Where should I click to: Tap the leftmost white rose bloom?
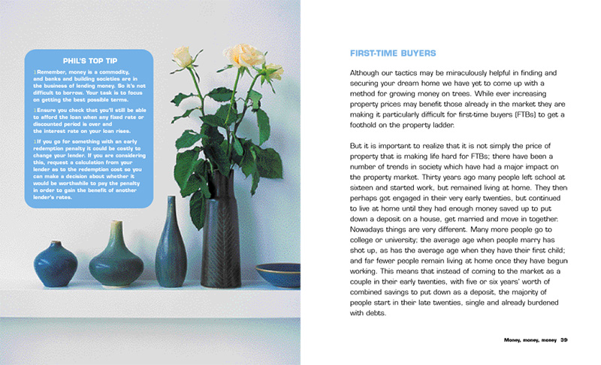point(183,57)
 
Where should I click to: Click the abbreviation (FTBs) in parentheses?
point(523,114)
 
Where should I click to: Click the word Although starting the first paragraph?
point(368,71)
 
